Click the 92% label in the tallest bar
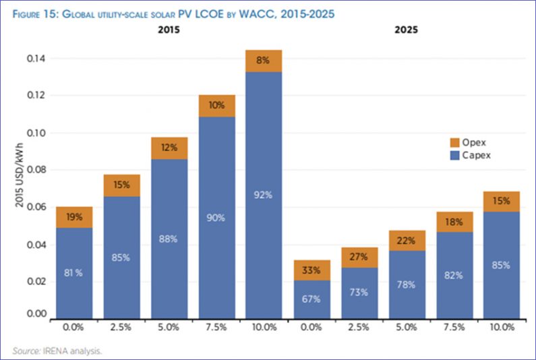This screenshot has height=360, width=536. point(264,196)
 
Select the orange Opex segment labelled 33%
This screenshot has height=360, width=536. point(312,270)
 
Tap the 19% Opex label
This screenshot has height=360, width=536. point(73,217)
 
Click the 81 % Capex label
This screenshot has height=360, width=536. point(73,272)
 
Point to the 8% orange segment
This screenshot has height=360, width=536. point(264,61)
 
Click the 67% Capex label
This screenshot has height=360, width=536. point(312,299)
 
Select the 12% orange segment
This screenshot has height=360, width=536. point(169,148)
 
